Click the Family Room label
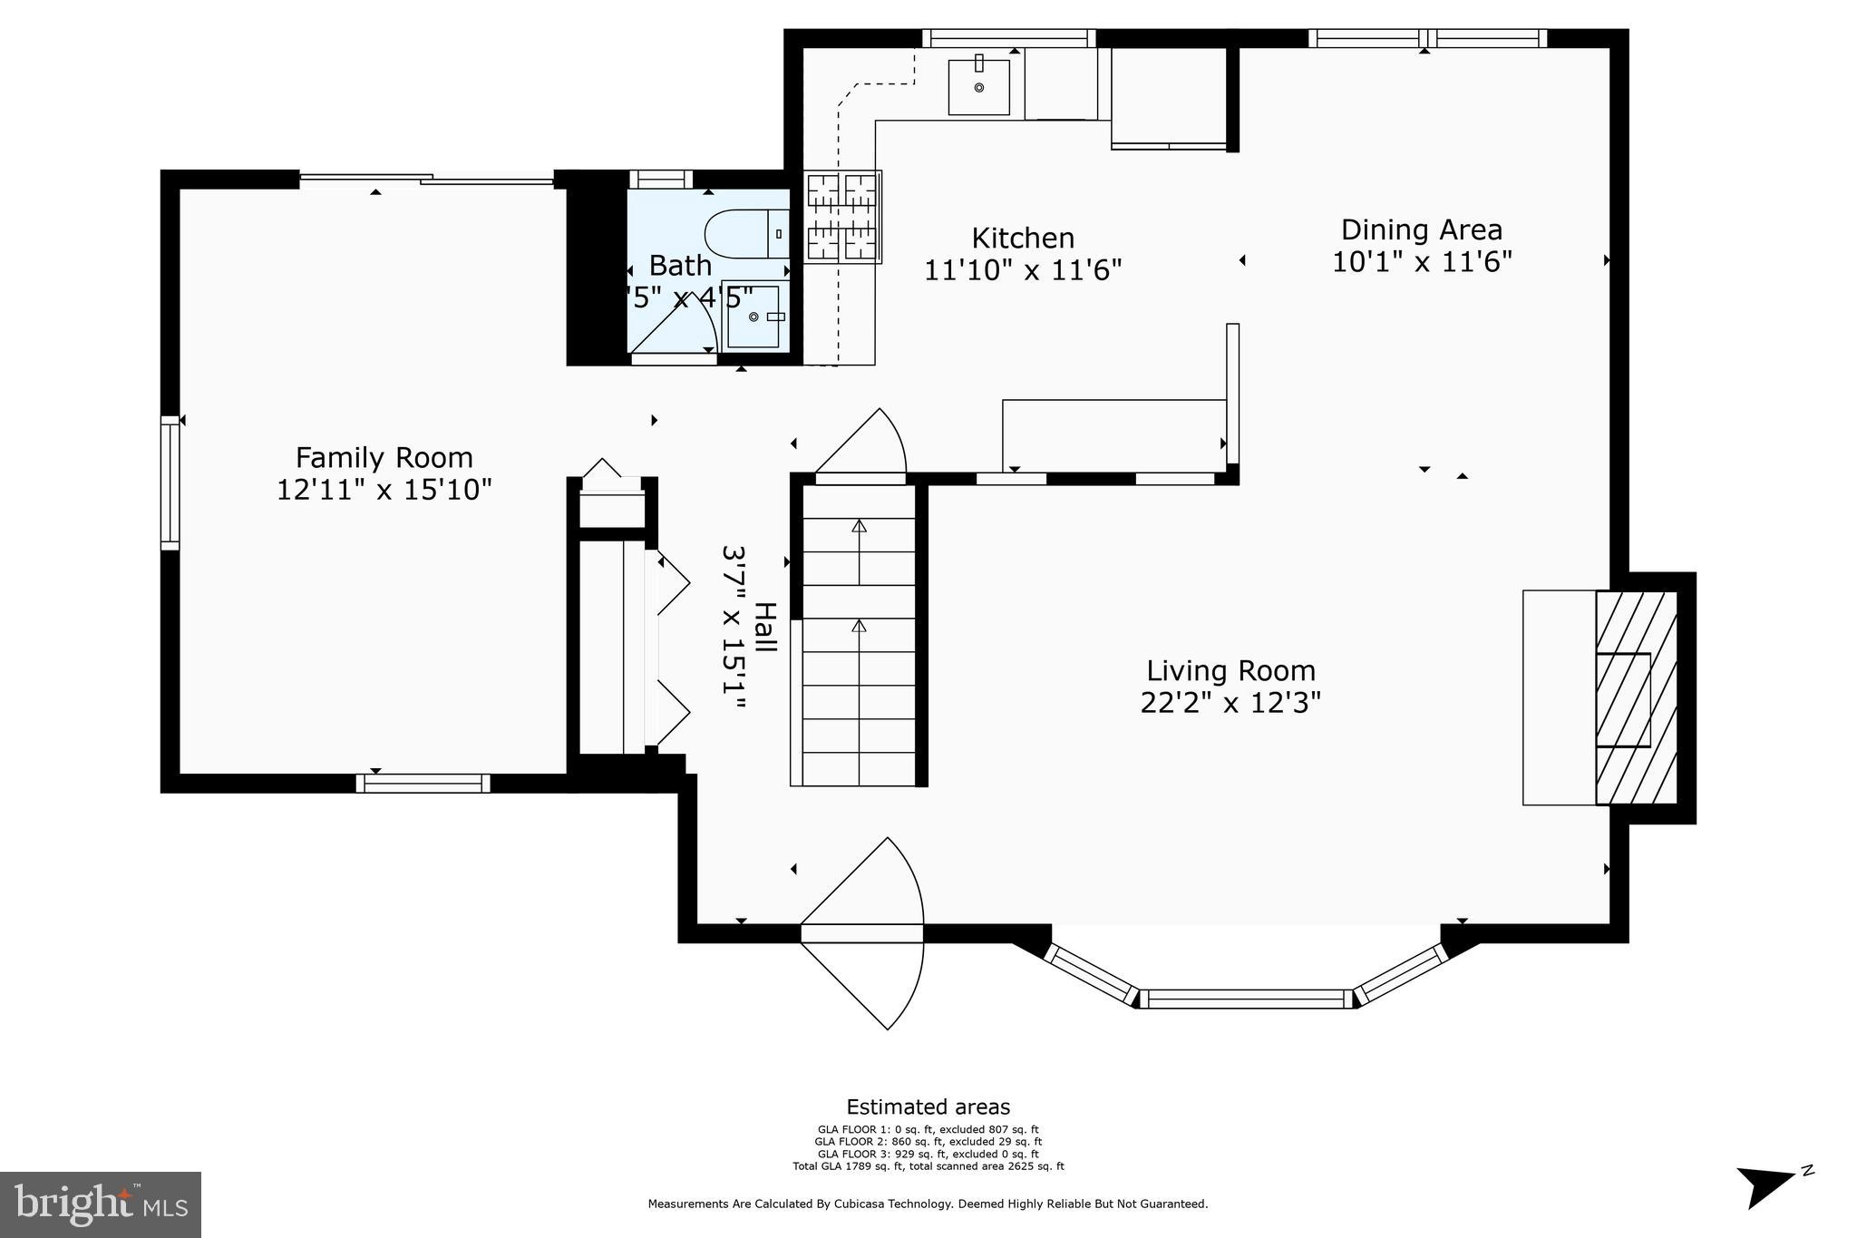[x=384, y=457]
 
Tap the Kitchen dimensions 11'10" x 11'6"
[x=1023, y=270]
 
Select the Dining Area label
[x=1421, y=229]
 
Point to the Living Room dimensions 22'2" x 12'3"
[x=1230, y=703]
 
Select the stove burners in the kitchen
[x=842, y=217]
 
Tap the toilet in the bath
[x=746, y=233]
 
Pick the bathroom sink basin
[x=753, y=316]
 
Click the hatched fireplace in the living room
[x=1636, y=697]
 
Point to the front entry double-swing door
[x=862, y=933]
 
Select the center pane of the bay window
[x=1246, y=999]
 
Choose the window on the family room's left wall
[x=170, y=483]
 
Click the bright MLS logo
[x=101, y=1204]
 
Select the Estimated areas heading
[x=928, y=1106]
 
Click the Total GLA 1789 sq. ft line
[x=928, y=1166]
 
